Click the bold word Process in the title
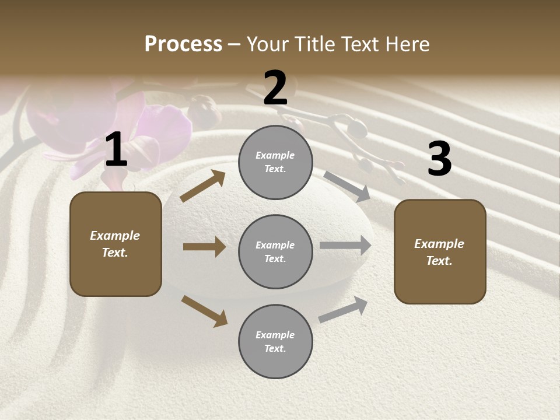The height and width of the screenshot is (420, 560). pyautogui.click(x=183, y=44)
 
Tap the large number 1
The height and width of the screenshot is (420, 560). pyautogui.click(x=116, y=150)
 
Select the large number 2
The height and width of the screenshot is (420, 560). pyautogui.click(x=275, y=88)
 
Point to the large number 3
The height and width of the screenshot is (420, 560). pyautogui.click(x=439, y=159)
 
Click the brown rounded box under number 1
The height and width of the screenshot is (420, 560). pyautogui.click(x=116, y=244)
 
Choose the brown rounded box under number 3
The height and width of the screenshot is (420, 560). pyautogui.click(x=440, y=251)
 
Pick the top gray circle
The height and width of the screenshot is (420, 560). pyautogui.click(x=275, y=162)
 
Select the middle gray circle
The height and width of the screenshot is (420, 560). pyautogui.click(x=275, y=252)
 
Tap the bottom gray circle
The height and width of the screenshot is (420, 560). pyautogui.click(x=275, y=342)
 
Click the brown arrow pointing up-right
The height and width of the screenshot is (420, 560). pyautogui.click(x=203, y=186)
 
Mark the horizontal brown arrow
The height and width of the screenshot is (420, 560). pyautogui.click(x=204, y=247)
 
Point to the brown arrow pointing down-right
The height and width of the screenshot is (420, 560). pyautogui.click(x=204, y=311)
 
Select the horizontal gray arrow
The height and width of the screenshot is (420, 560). pyautogui.click(x=345, y=246)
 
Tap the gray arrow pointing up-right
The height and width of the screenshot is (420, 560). pyautogui.click(x=343, y=310)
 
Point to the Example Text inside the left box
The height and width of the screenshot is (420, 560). pyautogui.click(x=116, y=244)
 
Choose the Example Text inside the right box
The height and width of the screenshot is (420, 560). pyautogui.click(x=440, y=252)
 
